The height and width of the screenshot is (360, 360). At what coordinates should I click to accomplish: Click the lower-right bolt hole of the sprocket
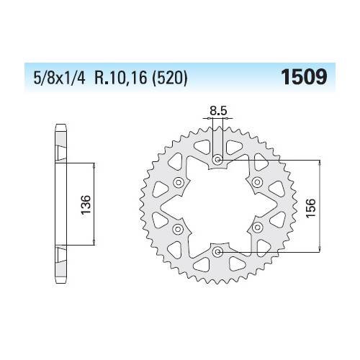(x=258, y=229)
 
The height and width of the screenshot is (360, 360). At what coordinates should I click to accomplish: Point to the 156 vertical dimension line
(x=320, y=206)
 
